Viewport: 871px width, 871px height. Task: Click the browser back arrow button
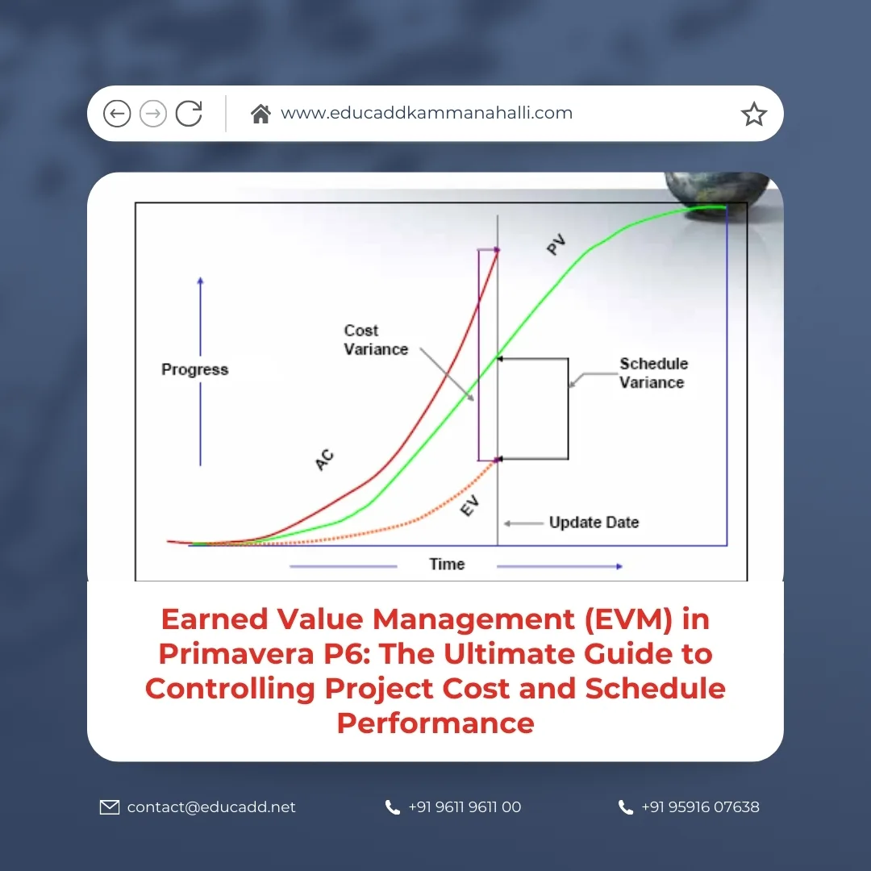tap(117, 114)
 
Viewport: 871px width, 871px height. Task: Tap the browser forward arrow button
tap(153, 114)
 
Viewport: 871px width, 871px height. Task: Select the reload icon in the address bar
tap(189, 114)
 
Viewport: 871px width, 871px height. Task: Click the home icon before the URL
tap(260, 114)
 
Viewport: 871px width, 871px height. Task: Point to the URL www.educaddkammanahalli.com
tap(427, 114)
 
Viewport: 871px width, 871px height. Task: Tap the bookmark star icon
tap(753, 115)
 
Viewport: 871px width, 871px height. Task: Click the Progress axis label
tap(195, 369)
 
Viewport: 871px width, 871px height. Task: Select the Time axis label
tap(447, 565)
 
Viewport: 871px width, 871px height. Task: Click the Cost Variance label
tap(376, 340)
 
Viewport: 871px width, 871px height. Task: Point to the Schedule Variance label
tap(653, 373)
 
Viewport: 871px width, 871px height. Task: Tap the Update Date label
tap(594, 523)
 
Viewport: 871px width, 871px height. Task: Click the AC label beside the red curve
tap(324, 461)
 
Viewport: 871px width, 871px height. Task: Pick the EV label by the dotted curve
tap(469, 507)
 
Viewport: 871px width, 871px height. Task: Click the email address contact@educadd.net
tap(211, 807)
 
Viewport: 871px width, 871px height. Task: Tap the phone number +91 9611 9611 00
tap(465, 807)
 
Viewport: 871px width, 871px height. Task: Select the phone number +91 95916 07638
tap(700, 807)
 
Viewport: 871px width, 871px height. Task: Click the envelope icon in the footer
tap(109, 807)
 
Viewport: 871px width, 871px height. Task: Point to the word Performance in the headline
tap(435, 723)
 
